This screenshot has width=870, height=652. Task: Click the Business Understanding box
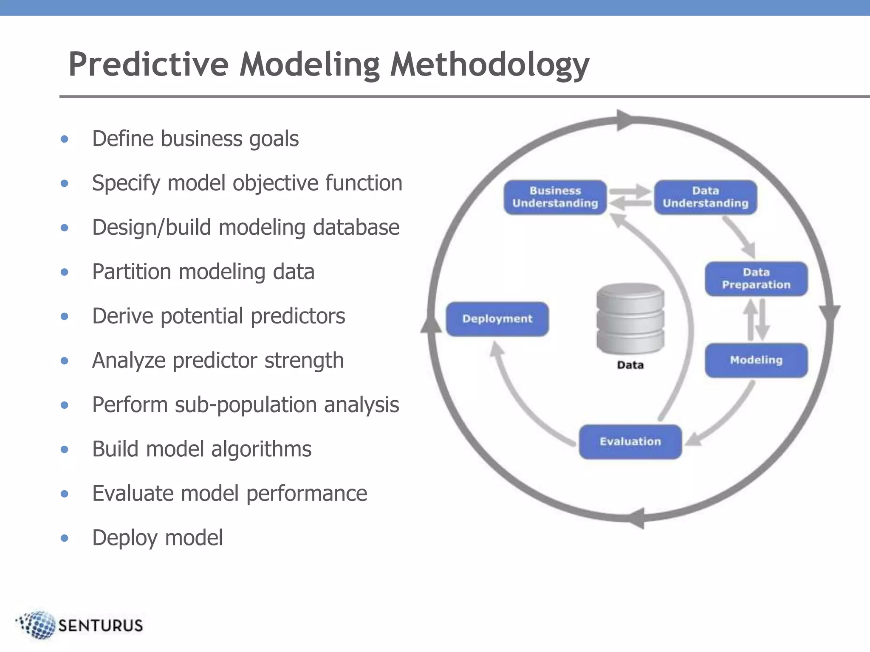pos(555,197)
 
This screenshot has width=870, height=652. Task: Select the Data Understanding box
pos(705,197)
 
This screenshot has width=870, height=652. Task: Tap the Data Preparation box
pos(756,279)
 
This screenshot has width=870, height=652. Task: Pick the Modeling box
pos(756,360)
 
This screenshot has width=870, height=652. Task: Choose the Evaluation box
pos(630,442)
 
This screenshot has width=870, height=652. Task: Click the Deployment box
pos(497,319)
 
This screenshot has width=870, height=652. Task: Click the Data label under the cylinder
pos(630,365)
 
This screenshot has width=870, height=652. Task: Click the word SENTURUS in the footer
pos(100,626)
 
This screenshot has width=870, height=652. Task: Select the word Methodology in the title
pos(489,65)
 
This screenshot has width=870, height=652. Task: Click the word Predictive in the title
pos(149,65)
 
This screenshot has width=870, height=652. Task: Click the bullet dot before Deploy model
pos(65,538)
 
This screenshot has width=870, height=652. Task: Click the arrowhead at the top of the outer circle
pos(625,121)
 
